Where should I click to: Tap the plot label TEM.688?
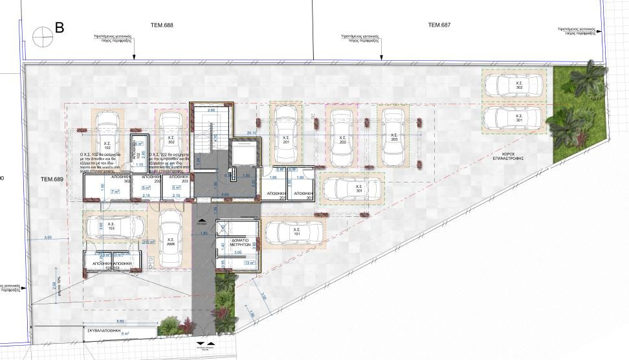tap(163, 25)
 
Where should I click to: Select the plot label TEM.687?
tap(439, 25)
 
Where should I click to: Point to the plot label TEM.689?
tap(51, 178)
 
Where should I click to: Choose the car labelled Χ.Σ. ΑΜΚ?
tap(171, 238)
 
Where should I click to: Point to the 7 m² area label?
tap(115, 192)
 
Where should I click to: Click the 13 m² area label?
tap(250, 263)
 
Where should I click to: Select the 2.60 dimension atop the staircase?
tap(210, 110)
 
